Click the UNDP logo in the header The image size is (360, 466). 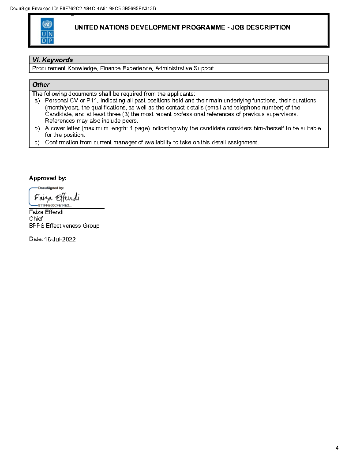(x=47, y=30)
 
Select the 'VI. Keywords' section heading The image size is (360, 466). (x=52, y=60)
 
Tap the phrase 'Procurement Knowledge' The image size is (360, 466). (x=64, y=68)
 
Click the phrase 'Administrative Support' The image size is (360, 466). (x=184, y=68)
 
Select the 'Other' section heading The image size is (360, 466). (x=41, y=85)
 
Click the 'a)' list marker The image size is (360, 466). (x=37, y=101)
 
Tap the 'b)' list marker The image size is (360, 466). (x=37, y=128)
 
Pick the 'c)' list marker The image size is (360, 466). (x=37, y=143)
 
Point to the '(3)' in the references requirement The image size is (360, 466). (x=126, y=114)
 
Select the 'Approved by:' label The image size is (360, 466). (x=48, y=178)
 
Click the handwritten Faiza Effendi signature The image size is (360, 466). (x=56, y=197)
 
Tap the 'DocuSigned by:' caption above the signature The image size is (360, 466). (x=51, y=188)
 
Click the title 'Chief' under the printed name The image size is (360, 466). (x=36, y=219)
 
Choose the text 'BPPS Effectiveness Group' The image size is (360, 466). (x=64, y=226)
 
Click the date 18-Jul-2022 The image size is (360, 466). (x=60, y=239)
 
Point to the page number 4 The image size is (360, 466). (x=337, y=448)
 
